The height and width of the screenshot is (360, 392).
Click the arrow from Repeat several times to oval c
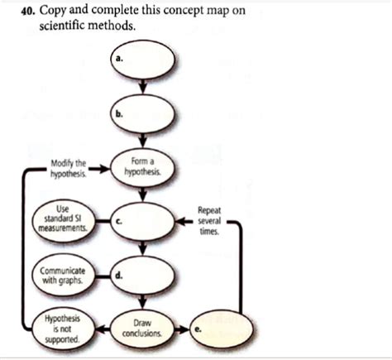coord(182,221)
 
